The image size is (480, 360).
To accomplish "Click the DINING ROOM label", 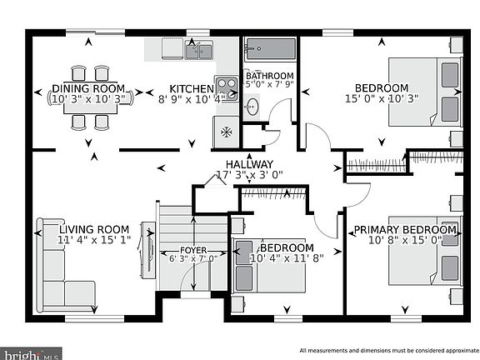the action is tap(88, 88).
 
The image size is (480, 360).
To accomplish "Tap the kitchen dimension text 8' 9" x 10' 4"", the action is tap(192, 99).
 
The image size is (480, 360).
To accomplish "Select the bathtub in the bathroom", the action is tap(271, 49).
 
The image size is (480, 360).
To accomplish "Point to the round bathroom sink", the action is tap(252, 107).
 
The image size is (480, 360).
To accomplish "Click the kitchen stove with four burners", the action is tap(227, 89).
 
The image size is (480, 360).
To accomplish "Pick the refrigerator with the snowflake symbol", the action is tap(226, 132).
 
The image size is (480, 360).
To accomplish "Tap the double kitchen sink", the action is tap(199, 50).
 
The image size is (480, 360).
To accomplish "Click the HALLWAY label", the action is tap(249, 164).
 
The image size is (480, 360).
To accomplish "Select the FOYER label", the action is tap(193, 250).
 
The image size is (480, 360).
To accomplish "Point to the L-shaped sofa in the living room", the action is tap(54, 265).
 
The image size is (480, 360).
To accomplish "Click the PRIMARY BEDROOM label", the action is tap(405, 230).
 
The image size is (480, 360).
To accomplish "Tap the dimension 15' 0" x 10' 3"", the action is tap(382, 98).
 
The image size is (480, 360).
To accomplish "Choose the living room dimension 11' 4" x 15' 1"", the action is tap(94, 240).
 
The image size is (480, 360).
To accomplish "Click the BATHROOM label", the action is tap(269, 75).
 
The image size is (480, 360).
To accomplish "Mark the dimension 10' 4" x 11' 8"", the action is tap(287, 258).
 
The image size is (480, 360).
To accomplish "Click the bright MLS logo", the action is tap(31, 354).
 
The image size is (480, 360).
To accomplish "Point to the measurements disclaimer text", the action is tap(389, 351).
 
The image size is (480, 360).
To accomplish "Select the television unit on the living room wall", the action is tap(148, 250).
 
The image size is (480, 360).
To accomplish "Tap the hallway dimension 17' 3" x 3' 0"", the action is tap(249, 175).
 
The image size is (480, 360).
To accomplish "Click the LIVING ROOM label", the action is tap(94, 229).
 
